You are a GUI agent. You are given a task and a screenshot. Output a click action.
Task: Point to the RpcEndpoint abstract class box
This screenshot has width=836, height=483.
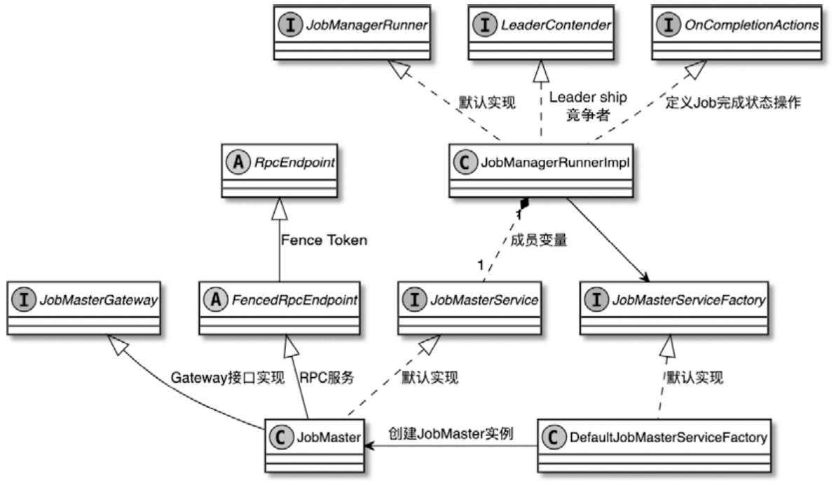pos(279,172)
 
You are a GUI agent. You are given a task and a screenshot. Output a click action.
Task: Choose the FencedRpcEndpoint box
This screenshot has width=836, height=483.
pos(279,309)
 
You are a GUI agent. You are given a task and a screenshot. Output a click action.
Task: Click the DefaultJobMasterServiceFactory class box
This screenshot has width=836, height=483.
pos(653,446)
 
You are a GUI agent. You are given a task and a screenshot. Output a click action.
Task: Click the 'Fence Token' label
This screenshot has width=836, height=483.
pos(324,240)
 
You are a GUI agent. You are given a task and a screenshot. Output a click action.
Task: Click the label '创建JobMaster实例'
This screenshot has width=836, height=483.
pos(451,434)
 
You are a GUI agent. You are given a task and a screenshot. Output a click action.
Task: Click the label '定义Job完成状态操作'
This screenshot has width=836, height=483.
pos(734,101)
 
